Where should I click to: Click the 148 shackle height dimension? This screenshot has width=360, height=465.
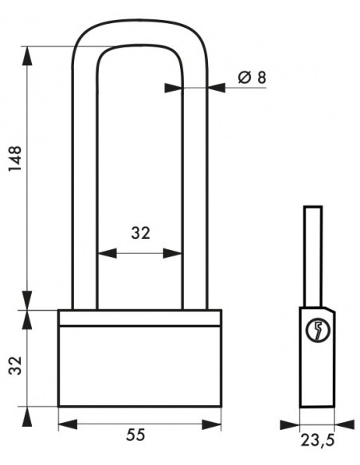(x=15, y=158)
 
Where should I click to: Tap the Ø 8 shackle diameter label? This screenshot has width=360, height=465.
(x=252, y=78)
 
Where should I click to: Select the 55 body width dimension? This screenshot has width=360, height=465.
(x=136, y=435)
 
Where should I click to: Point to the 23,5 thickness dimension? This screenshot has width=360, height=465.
(x=318, y=440)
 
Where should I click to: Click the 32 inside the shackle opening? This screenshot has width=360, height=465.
(x=141, y=232)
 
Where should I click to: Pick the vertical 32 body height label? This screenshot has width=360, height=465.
(x=15, y=365)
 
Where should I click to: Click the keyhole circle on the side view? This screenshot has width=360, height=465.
(x=318, y=330)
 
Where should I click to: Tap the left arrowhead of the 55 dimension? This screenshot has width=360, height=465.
(x=68, y=424)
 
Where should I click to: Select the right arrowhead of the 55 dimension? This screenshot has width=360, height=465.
(x=211, y=424)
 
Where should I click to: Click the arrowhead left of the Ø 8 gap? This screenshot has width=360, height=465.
(x=173, y=88)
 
